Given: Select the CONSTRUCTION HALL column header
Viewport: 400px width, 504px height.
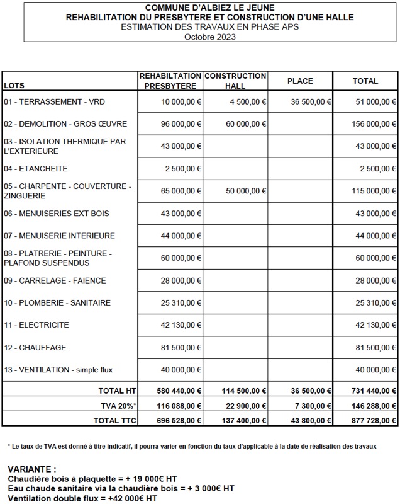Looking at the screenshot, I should click(x=235, y=81).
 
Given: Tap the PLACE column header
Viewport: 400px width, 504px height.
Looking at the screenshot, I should click(x=300, y=81).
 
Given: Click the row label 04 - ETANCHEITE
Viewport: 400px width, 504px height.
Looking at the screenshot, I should click(x=36, y=169).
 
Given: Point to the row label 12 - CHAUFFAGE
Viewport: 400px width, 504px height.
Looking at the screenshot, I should click(x=35, y=348).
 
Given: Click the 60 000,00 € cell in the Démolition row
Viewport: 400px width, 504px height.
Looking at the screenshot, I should click(x=246, y=124).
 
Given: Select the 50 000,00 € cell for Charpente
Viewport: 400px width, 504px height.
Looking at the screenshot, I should click(x=246, y=191).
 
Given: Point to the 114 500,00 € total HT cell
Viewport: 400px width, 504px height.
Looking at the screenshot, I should click(x=243, y=391).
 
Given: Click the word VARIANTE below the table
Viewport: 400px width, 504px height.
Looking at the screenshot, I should click(x=33, y=469).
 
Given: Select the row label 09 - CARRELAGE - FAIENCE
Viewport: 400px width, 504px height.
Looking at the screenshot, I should click(x=55, y=280).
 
